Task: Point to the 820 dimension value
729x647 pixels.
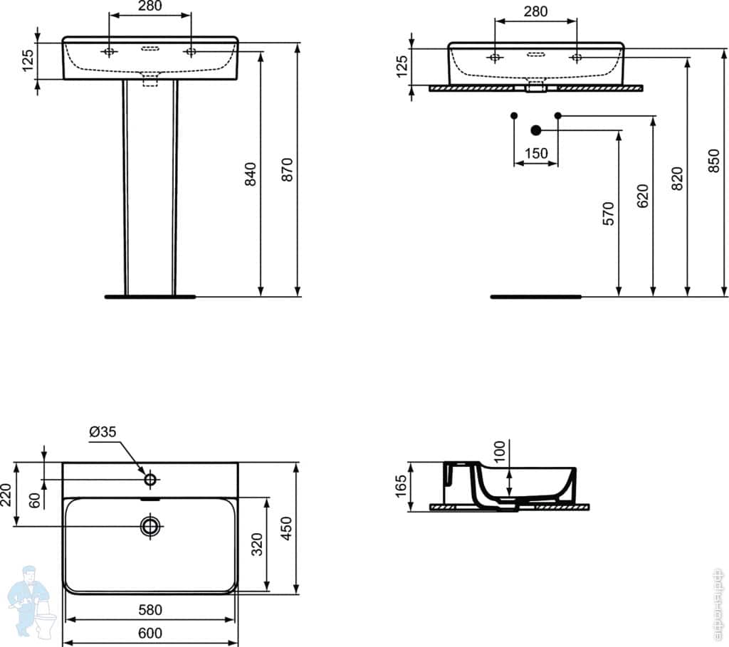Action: (677, 179)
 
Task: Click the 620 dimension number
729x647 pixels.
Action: (642, 196)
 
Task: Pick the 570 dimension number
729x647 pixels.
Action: (608, 214)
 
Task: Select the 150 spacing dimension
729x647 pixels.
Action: (536, 153)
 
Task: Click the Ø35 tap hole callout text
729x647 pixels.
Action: (104, 431)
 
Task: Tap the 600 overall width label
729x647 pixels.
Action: (150, 633)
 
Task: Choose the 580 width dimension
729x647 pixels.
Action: (150, 610)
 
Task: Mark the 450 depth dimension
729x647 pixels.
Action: (286, 528)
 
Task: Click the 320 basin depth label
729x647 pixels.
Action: (258, 544)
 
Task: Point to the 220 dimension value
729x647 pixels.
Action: (6, 494)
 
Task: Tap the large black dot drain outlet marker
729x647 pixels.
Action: (536, 130)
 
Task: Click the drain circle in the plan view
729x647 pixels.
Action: (150, 526)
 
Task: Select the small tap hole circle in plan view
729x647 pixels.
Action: (150, 480)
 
